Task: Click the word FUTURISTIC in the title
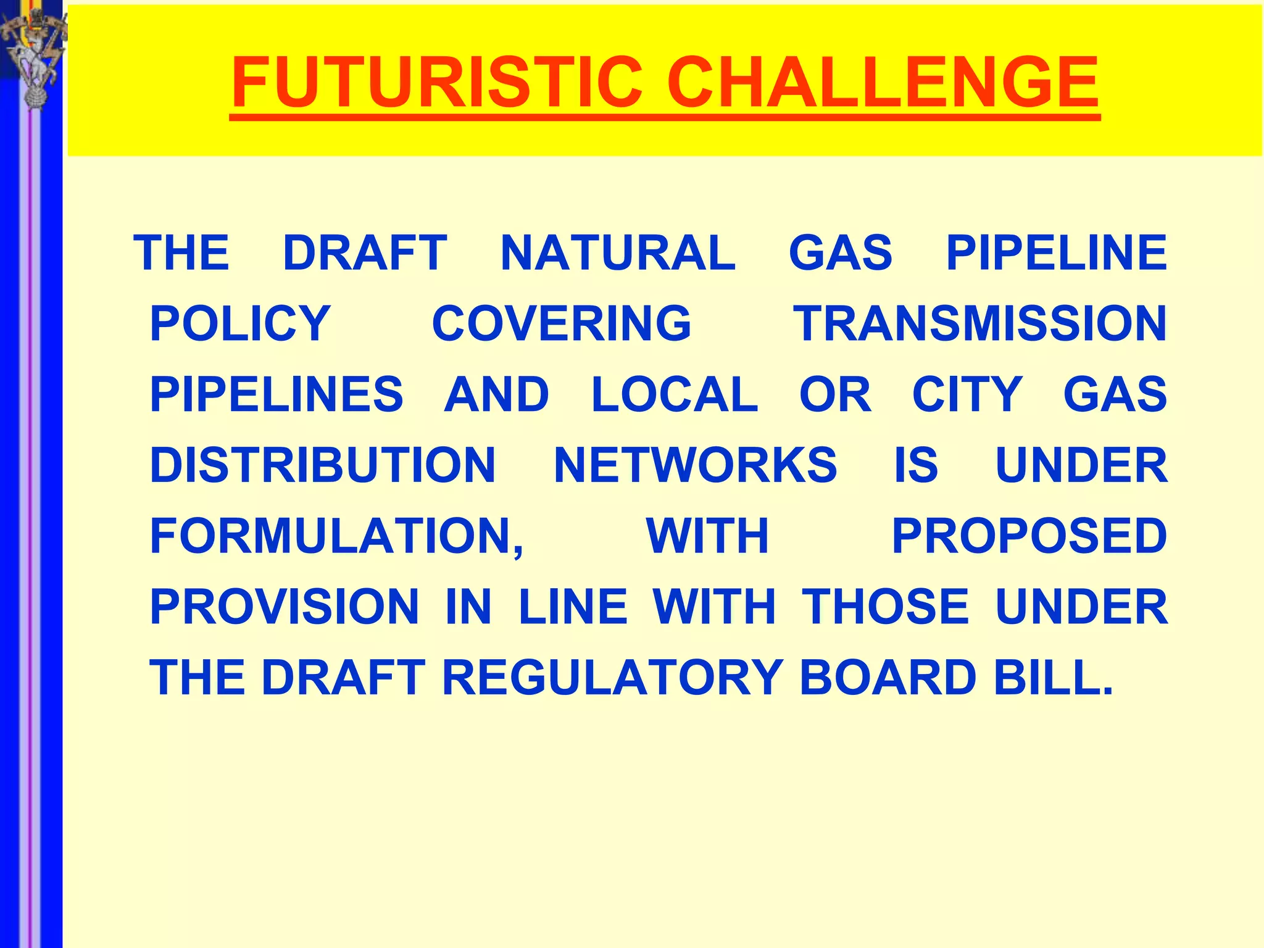coord(437,82)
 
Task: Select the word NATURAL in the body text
coord(618,253)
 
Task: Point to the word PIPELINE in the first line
coord(1056,253)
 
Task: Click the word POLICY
coord(240,324)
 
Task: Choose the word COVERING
coord(562,324)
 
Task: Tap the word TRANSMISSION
coord(980,324)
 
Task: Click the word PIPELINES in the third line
coord(276,395)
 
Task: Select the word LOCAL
coord(675,395)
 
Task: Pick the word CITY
coord(967,395)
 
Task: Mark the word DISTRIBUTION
coord(323,465)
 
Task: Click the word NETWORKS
coord(696,465)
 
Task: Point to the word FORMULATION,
coord(337,536)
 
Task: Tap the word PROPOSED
coord(1029,536)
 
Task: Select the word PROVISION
coord(285,607)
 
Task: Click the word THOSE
coord(885,607)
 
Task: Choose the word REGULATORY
coord(613,678)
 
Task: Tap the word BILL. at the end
coord(1053,678)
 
